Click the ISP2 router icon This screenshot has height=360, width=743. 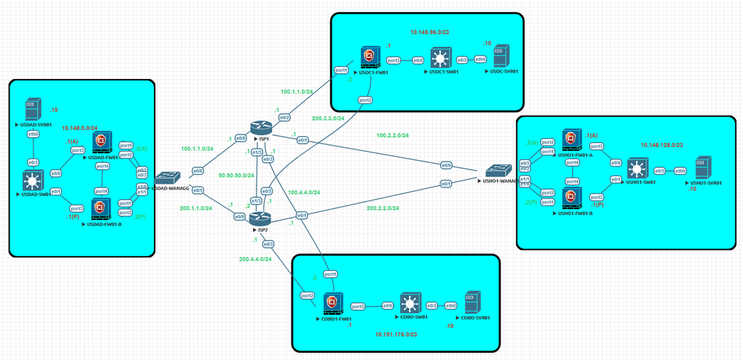click(257, 218)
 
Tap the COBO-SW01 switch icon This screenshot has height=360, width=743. click(410, 306)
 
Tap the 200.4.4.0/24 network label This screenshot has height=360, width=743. click(255, 259)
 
